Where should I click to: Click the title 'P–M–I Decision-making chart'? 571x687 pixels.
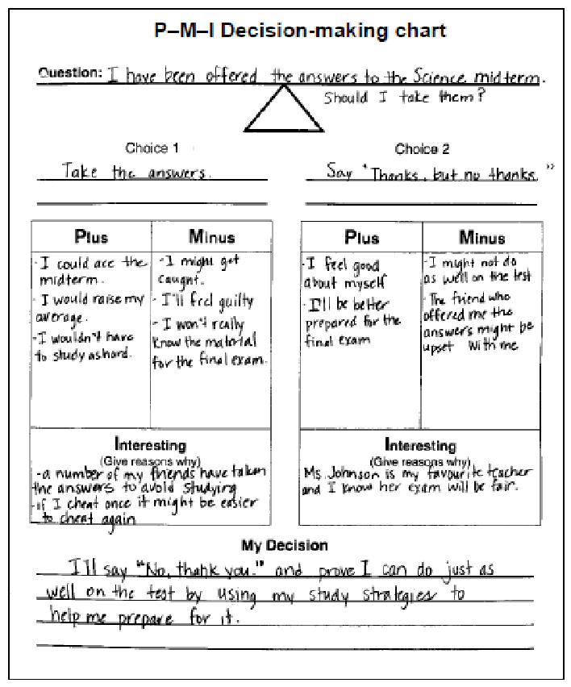click(x=299, y=31)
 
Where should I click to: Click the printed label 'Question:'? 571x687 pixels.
click(x=70, y=73)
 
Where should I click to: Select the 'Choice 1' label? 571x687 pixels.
click(x=147, y=148)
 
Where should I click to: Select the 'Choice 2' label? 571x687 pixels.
click(x=422, y=149)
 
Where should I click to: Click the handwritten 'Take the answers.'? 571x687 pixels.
click(x=136, y=173)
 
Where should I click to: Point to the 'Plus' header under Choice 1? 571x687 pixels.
click(x=91, y=237)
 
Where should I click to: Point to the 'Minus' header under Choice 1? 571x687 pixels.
click(x=212, y=237)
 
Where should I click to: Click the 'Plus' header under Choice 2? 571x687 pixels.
click(x=361, y=237)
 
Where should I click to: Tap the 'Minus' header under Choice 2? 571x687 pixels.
click(x=481, y=237)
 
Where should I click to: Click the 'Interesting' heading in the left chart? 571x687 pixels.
click(x=150, y=445)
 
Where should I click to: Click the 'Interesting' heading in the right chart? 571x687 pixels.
click(x=420, y=445)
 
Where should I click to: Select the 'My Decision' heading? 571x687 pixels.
click(x=285, y=546)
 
